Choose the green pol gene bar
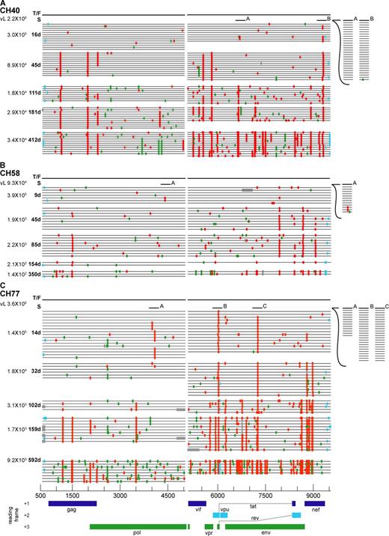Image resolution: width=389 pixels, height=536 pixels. pyautogui.click(x=135, y=527)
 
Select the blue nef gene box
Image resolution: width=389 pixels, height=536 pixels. pyautogui.click(x=315, y=503)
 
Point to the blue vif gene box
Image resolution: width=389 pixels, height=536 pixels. pyautogui.click(x=197, y=503)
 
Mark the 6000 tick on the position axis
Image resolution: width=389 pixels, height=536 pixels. pyautogui.click(x=218, y=495)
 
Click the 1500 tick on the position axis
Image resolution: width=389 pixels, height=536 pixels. pyautogui.click(x=73, y=495)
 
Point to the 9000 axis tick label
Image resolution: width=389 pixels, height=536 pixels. pyautogui.click(x=315, y=495)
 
